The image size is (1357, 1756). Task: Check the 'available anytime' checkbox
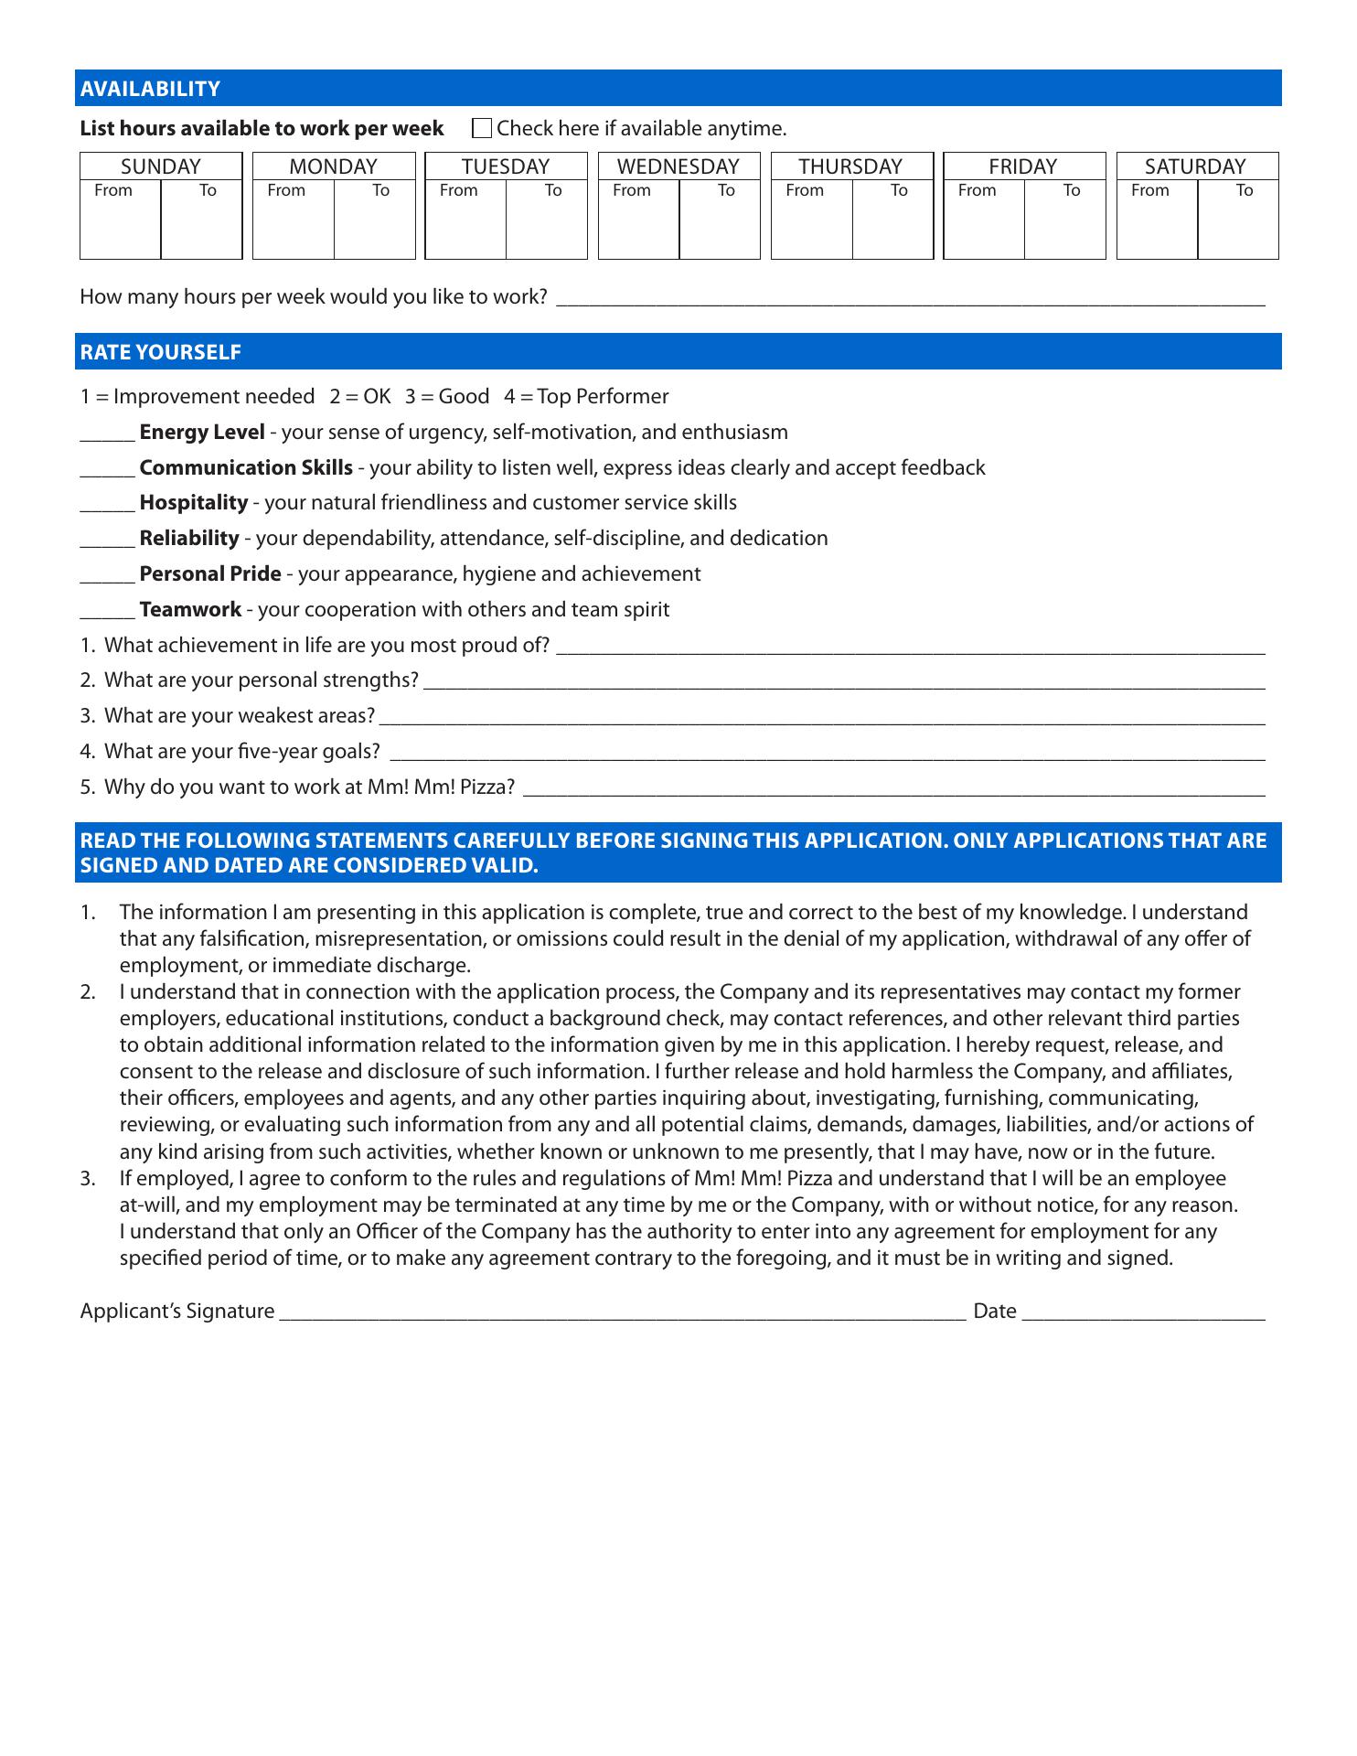click(x=482, y=128)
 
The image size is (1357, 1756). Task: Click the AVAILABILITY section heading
click(x=150, y=89)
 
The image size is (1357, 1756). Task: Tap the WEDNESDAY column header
click(x=678, y=166)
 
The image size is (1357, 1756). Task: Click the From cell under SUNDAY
click(x=121, y=224)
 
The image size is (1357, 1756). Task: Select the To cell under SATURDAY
click(x=1237, y=224)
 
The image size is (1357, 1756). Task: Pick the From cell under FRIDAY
click(x=984, y=224)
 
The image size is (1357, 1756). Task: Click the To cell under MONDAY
click(x=374, y=224)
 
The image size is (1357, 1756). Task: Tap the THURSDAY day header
click(x=850, y=166)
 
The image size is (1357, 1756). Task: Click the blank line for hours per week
click(x=910, y=298)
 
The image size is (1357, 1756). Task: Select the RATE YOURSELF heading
click(x=161, y=352)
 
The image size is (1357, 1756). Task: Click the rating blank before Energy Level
click(x=107, y=434)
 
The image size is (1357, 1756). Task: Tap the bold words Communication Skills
click(x=246, y=467)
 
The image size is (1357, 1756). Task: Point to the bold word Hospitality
click(x=194, y=503)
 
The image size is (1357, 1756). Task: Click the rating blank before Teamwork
click(x=107, y=611)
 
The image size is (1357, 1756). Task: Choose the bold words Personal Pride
click(x=210, y=574)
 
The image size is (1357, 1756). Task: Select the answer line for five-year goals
click(x=828, y=753)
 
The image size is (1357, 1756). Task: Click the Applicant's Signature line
click(x=622, y=1312)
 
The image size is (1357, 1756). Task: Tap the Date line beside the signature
click(x=1143, y=1312)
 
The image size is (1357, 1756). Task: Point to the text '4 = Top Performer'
click(x=586, y=397)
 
